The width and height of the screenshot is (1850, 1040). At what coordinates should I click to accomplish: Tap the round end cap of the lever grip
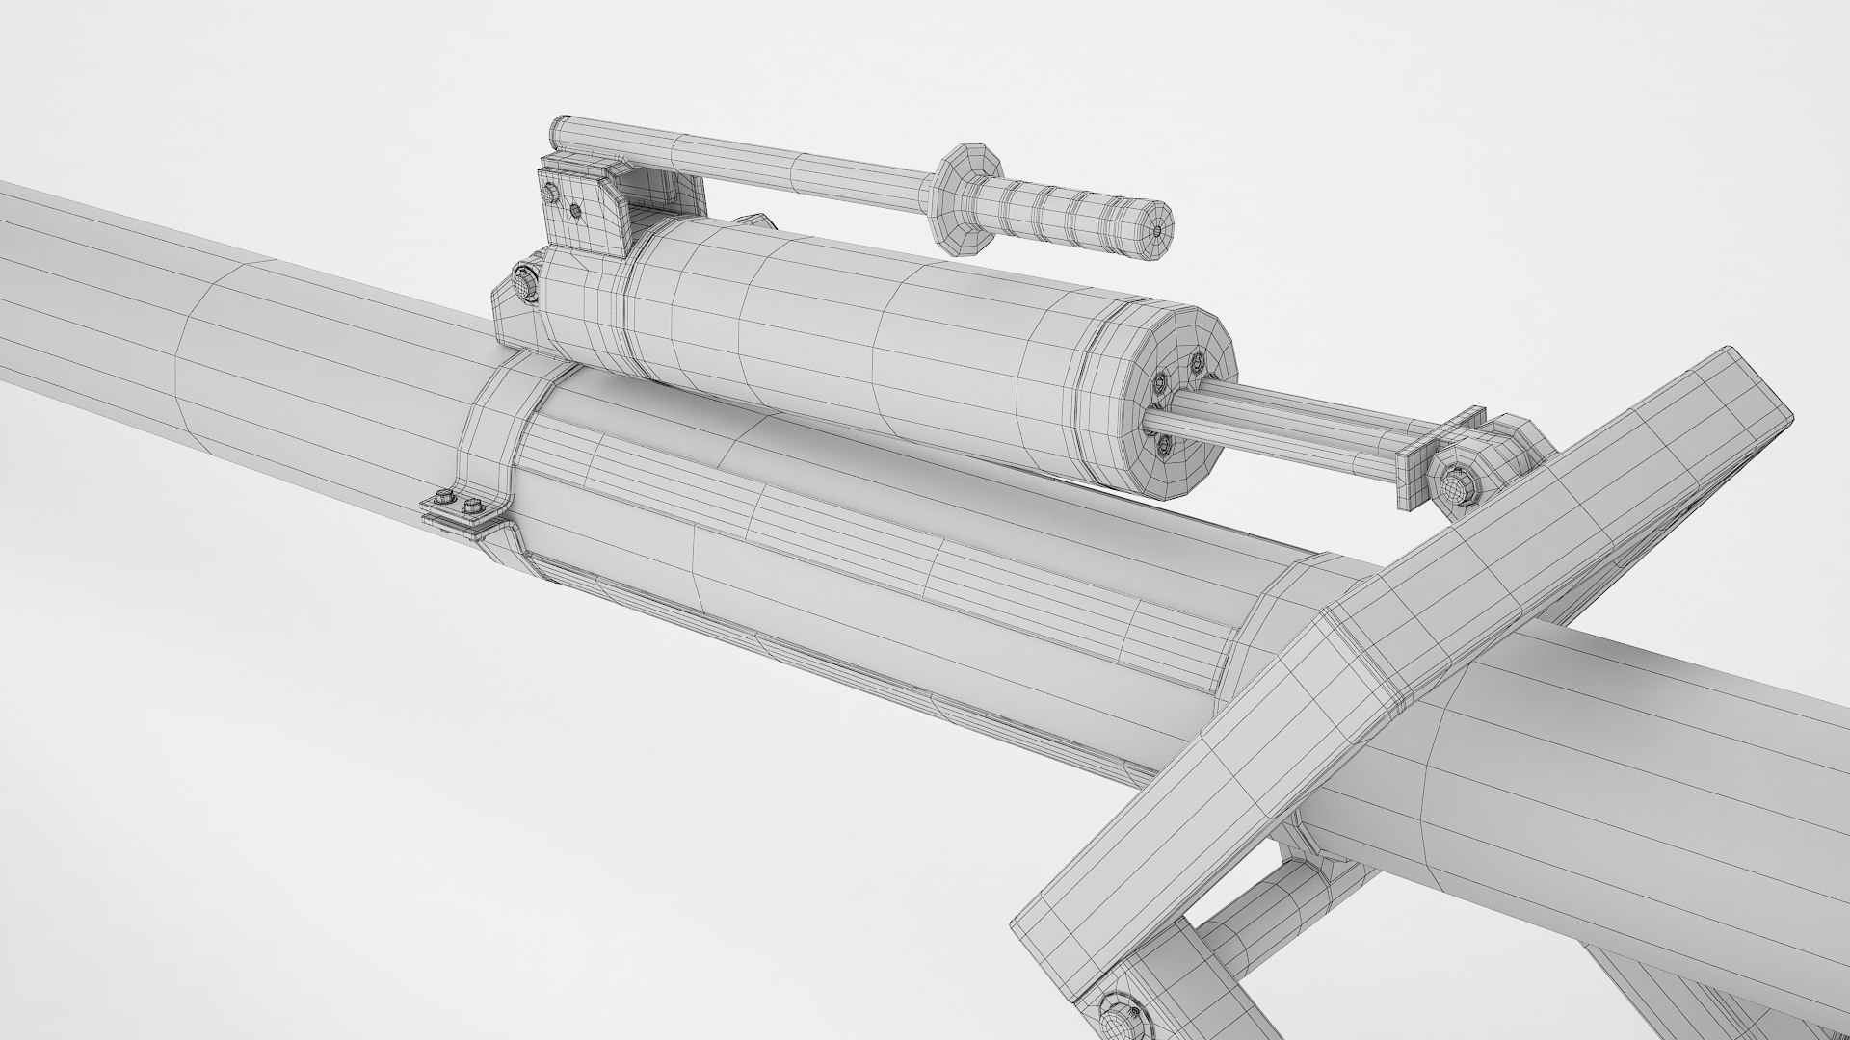[x=1159, y=231]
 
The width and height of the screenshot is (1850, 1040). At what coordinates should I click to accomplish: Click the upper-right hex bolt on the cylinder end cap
[x=1198, y=363]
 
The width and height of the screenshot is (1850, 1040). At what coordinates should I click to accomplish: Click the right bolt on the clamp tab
[x=472, y=505]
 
